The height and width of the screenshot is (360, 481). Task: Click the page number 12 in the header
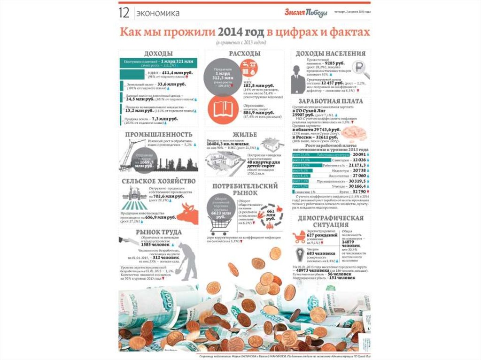[x=124, y=13]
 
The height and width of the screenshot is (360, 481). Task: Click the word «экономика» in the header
[x=158, y=13]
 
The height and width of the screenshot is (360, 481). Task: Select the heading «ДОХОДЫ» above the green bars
[x=158, y=54]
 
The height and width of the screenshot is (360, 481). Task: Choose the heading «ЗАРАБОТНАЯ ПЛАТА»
[x=327, y=101]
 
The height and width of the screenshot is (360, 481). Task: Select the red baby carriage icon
[x=300, y=237]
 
